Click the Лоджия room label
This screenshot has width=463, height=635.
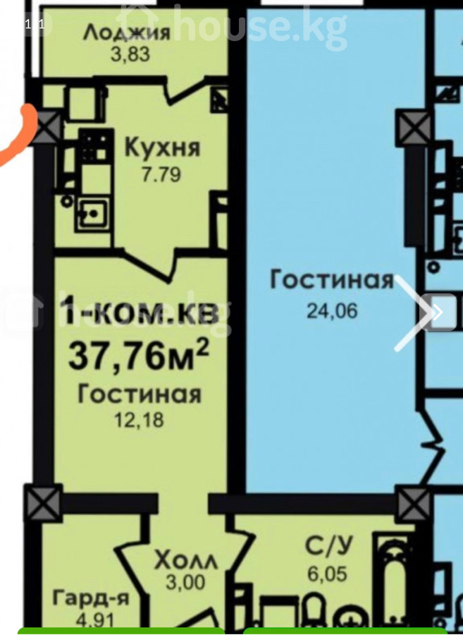point(127,32)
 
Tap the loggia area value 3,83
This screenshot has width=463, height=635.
point(130,54)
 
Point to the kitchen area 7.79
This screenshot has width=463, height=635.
point(161,175)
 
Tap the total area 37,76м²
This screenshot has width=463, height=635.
point(139,355)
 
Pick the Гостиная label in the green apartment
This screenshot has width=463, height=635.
point(139,394)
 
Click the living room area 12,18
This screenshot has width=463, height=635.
point(139,420)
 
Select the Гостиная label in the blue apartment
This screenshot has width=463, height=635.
point(332,280)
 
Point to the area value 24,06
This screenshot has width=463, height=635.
point(332,311)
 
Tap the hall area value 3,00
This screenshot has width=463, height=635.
point(185,583)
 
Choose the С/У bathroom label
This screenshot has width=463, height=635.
point(328,546)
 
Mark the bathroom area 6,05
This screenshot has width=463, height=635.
point(328,574)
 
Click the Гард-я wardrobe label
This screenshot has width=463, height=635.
point(91,598)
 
